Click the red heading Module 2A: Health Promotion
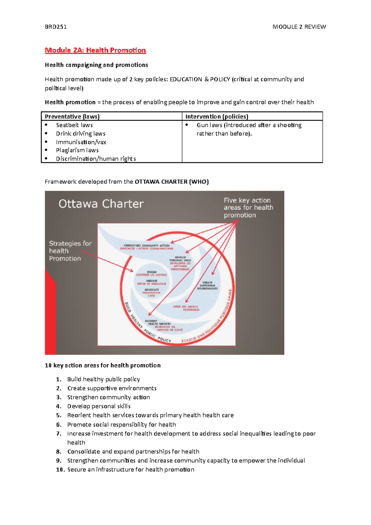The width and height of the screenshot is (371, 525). [x=95, y=50]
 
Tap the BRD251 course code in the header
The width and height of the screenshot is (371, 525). [x=56, y=27]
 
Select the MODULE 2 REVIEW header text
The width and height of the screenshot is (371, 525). [x=299, y=27]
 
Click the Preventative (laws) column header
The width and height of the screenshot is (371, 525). [x=72, y=117]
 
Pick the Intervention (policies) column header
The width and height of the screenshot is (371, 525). [x=216, y=117]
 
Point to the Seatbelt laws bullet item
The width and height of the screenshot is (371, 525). [x=74, y=125]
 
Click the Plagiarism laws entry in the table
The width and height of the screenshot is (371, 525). [x=77, y=150]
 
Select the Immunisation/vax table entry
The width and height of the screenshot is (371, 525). [x=81, y=142]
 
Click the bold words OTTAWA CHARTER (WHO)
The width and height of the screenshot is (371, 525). [x=172, y=182]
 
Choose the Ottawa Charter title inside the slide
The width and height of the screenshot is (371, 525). [x=101, y=204]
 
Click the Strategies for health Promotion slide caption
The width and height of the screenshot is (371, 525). [x=70, y=251]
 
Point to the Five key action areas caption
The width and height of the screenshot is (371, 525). [x=248, y=207]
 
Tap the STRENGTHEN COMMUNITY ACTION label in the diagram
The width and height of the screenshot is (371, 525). [x=147, y=245]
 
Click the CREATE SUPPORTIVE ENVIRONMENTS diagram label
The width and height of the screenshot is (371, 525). [x=207, y=285]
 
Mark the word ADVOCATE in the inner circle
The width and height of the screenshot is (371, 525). [x=151, y=290]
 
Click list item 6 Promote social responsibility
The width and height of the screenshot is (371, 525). [x=122, y=425]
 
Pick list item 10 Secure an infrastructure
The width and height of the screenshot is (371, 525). [x=130, y=470]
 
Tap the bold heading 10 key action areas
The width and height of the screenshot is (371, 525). [x=103, y=365]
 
